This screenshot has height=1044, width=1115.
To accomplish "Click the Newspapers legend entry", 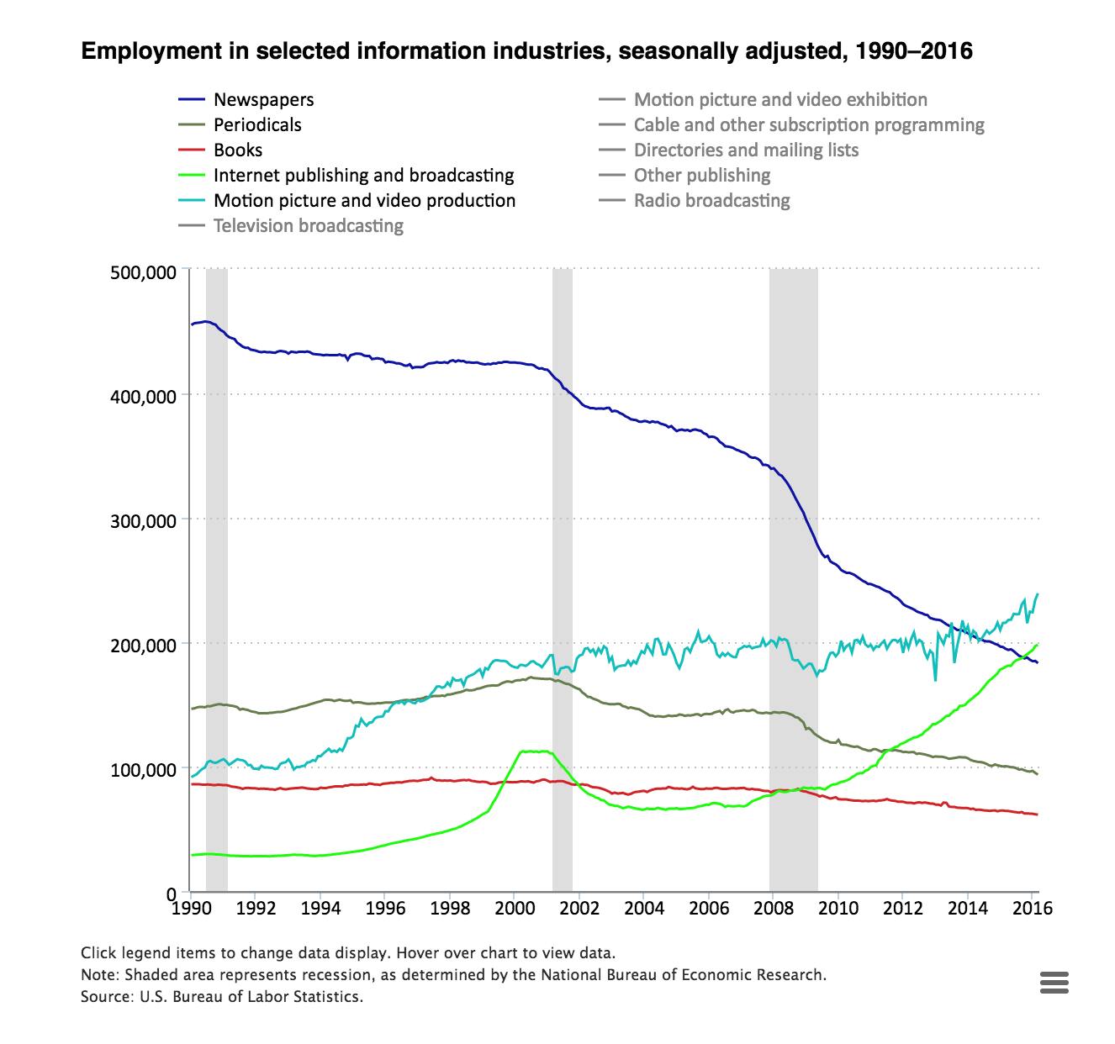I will [263, 100].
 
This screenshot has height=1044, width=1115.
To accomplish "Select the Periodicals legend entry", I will [256, 125].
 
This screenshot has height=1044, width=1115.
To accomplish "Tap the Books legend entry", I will [238, 150].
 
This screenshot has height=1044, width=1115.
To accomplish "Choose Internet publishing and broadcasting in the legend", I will [363, 176].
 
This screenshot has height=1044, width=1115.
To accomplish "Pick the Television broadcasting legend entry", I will [308, 226].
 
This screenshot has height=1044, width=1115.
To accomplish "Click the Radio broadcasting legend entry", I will [711, 201].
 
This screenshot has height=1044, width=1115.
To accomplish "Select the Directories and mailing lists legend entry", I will [746, 150].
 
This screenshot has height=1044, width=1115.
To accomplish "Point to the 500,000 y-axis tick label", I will [142, 272].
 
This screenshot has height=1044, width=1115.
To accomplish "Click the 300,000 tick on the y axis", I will [142, 520].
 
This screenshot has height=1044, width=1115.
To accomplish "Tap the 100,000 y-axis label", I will [142, 769].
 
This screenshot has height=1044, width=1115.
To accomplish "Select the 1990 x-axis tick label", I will [192, 909].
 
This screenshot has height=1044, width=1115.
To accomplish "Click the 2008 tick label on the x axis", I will [774, 909].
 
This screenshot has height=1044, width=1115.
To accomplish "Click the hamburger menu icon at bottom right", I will [1054, 982].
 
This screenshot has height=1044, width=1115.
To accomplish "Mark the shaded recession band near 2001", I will [563, 580].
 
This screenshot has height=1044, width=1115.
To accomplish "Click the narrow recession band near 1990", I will [217, 580].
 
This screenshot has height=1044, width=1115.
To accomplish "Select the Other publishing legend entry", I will [701, 176].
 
